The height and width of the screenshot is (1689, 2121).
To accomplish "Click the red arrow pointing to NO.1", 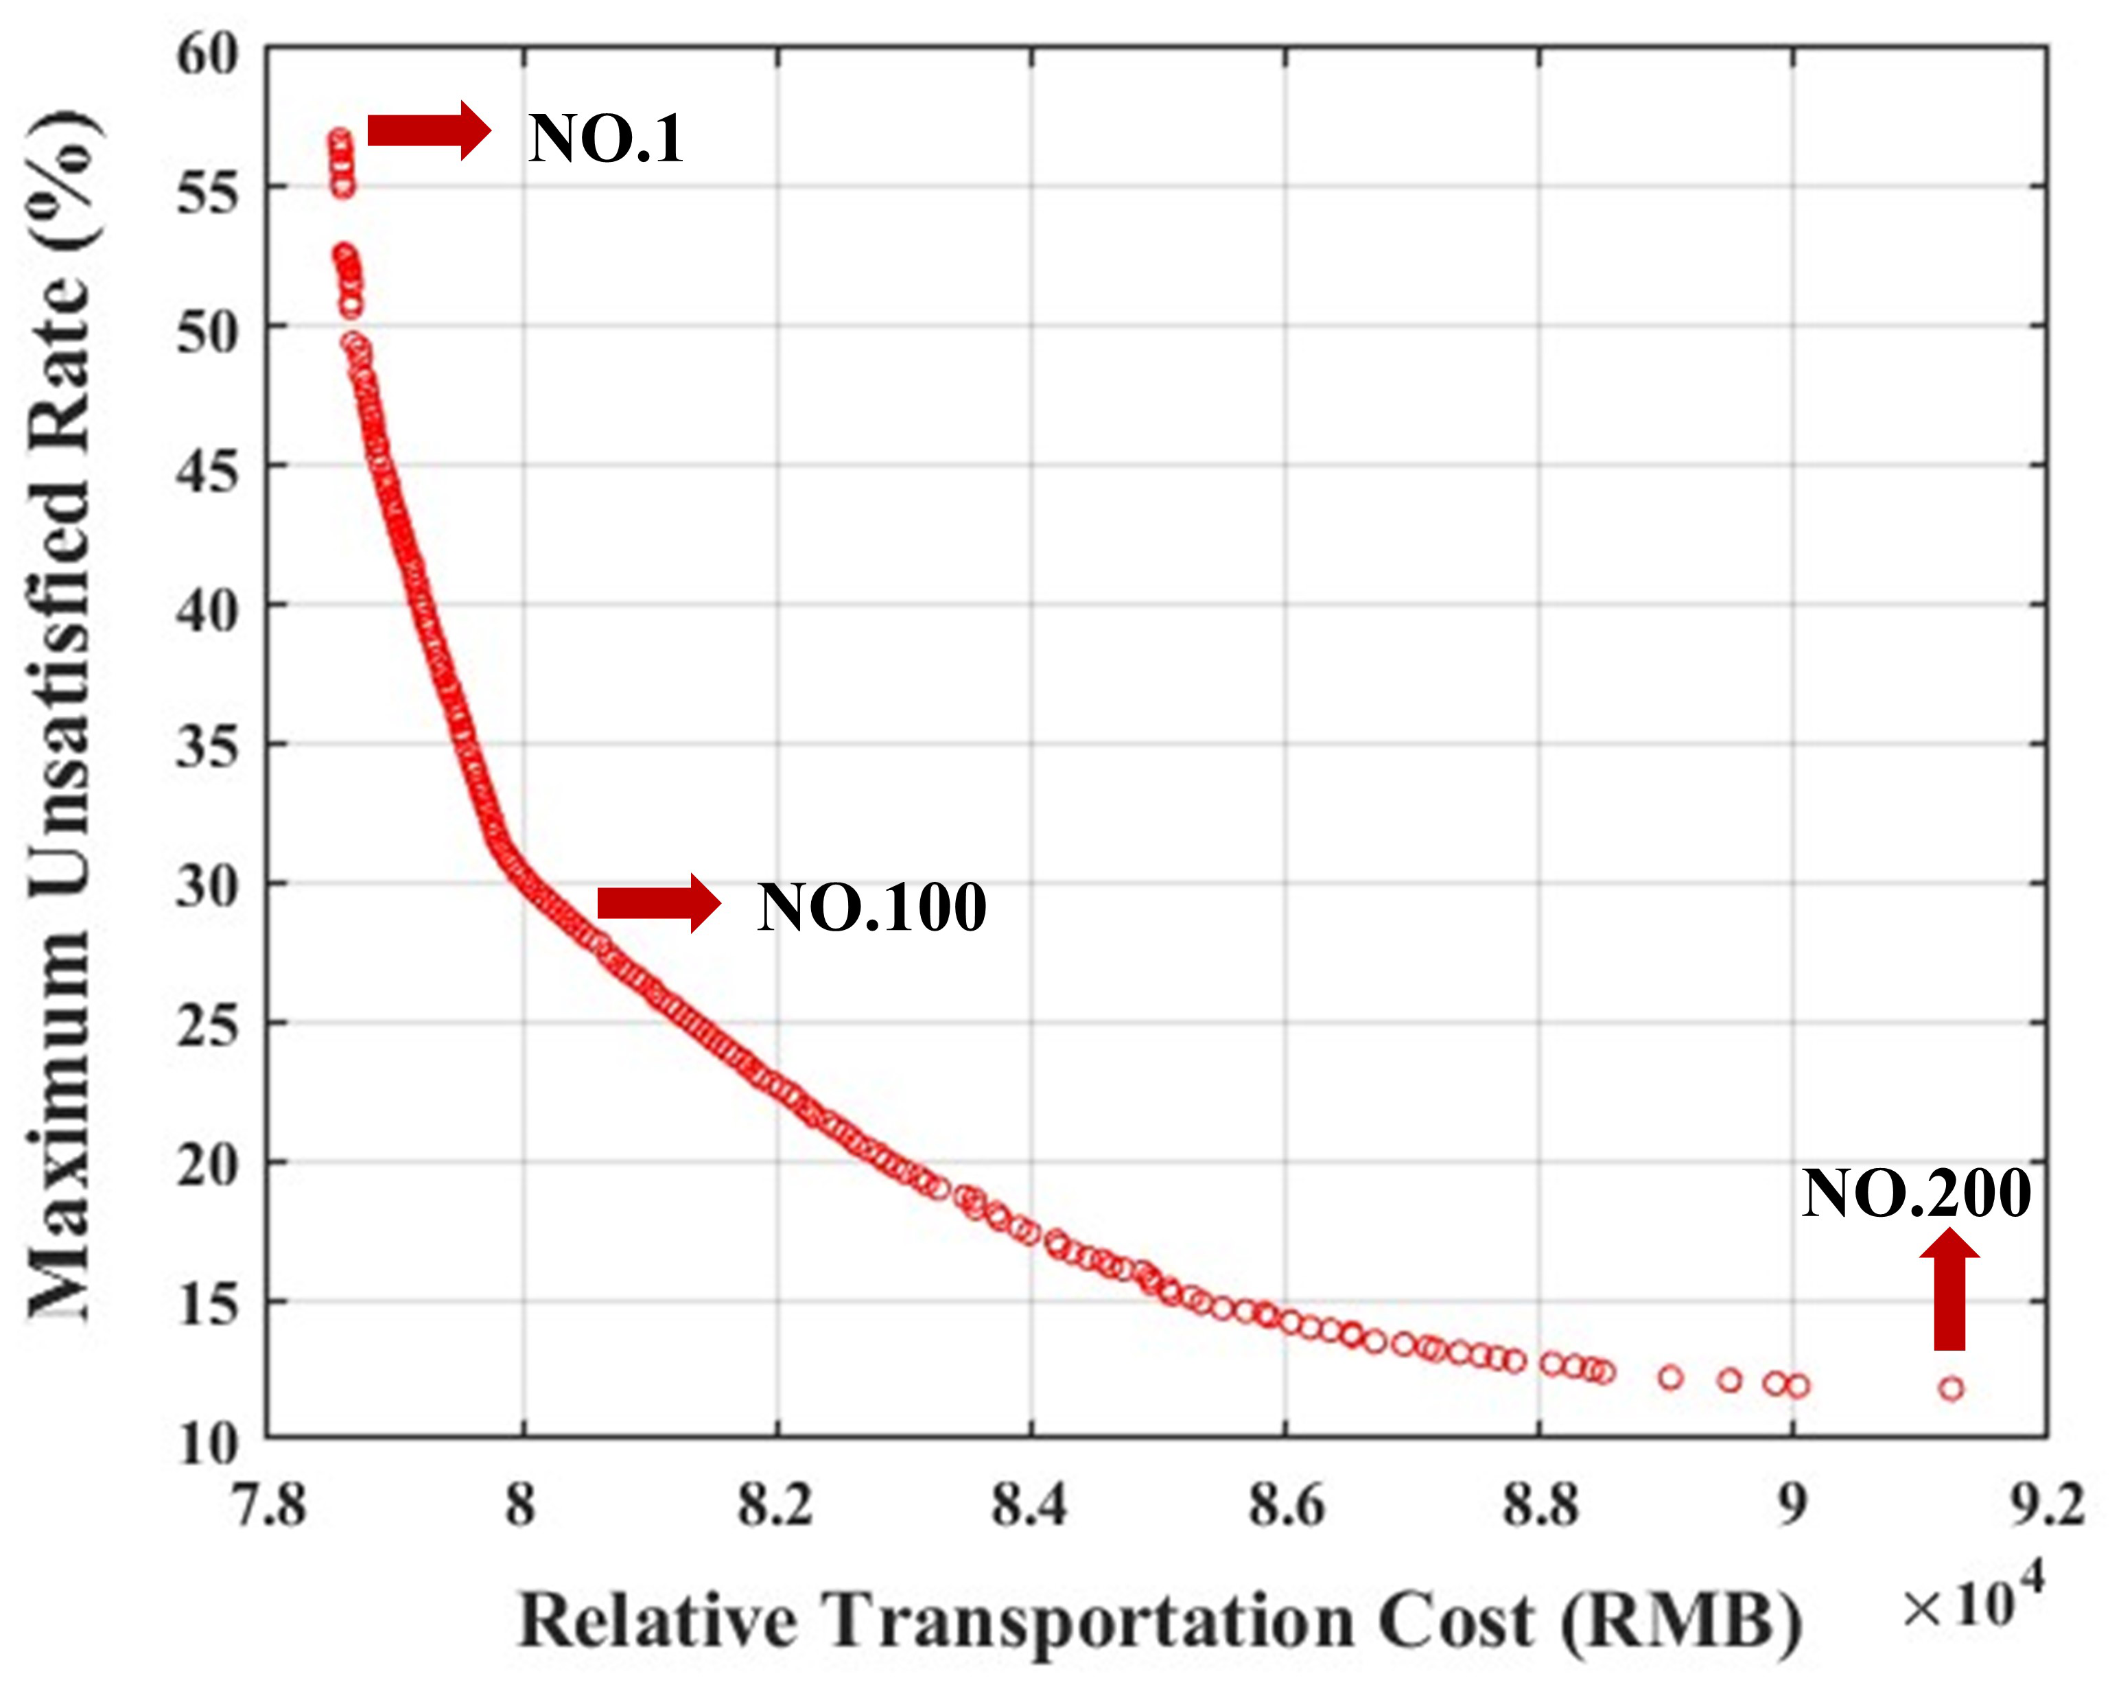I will click(429, 130).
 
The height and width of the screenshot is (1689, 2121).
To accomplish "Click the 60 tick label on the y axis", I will click(208, 54).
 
